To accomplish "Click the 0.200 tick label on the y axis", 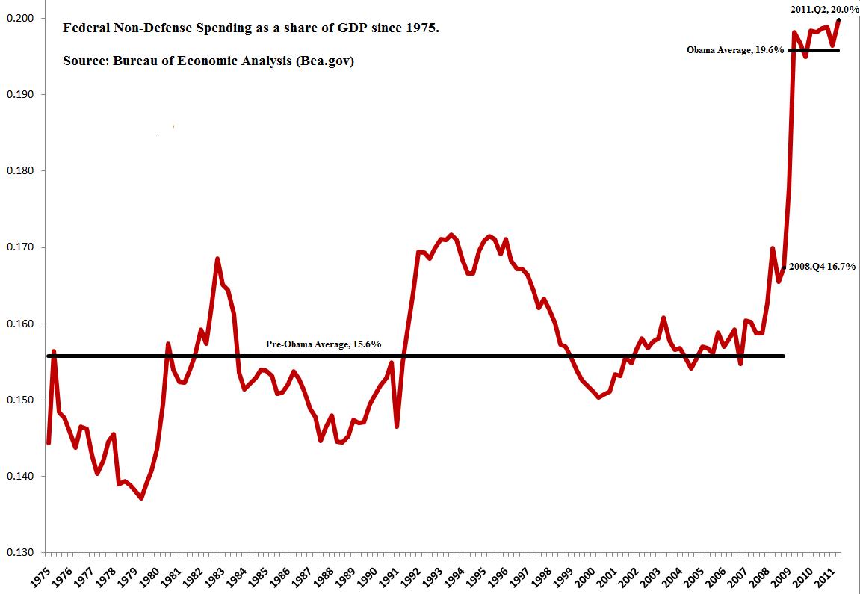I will (x=22, y=18).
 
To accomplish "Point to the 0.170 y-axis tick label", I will (x=22, y=247).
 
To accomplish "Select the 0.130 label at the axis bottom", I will (x=22, y=553).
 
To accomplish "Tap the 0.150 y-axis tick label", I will (x=22, y=400).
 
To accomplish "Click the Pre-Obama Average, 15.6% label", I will (x=324, y=344).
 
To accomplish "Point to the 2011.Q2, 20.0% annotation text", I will (x=823, y=8).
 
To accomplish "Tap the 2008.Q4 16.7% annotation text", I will (x=822, y=266).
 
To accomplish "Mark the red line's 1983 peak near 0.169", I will (x=217, y=259).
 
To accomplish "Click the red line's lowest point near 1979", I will (x=141, y=498).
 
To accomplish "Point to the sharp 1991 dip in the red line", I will (x=397, y=427).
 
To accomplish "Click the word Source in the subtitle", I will (x=84, y=61).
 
